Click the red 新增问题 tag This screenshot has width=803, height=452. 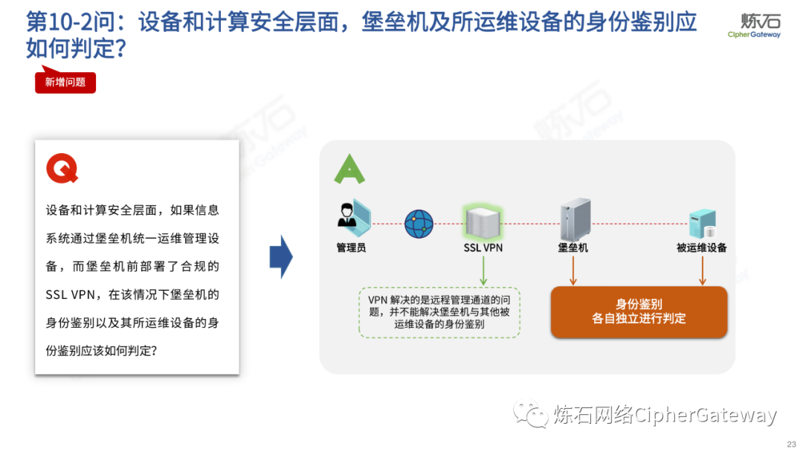[65, 83]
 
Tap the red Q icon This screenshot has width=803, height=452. [62, 169]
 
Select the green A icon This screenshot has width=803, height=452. [349, 169]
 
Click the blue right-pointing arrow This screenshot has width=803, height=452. [281, 256]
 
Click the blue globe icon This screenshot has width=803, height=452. [419, 223]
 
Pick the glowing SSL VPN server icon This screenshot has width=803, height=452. [482, 221]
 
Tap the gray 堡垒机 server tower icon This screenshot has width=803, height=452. [575, 218]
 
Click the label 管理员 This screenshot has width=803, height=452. [351, 248]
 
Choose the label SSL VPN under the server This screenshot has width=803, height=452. [483, 248]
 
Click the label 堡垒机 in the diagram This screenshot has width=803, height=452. [573, 248]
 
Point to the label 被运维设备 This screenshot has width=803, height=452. [701, 248]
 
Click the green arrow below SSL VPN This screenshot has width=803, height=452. [483, 271]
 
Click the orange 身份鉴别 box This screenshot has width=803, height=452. [639, 311]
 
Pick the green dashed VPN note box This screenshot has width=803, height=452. [439, 312]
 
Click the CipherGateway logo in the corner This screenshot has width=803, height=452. [755, 25]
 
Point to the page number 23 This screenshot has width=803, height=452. [790, 444]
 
